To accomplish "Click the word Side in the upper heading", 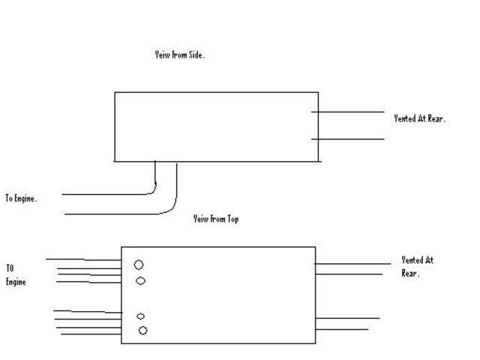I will [193, 55].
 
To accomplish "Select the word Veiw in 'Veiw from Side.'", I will [161, 55].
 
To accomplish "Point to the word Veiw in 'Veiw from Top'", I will [200, 219].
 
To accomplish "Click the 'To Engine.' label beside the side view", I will [21, 199].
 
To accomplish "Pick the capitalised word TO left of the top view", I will [10, 268].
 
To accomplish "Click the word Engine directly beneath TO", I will [16, 282].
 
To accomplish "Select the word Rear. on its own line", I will [410, 274].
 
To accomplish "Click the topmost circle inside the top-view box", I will [139, 265].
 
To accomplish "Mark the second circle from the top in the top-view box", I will [141, 281].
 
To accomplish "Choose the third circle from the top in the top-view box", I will [141, 316].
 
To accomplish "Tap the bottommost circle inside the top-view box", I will [142, 331].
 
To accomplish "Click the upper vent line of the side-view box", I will [348, 112].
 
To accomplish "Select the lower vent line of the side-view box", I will [348, 139].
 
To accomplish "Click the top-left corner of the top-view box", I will [121, 247].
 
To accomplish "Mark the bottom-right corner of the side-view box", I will [318, 161].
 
